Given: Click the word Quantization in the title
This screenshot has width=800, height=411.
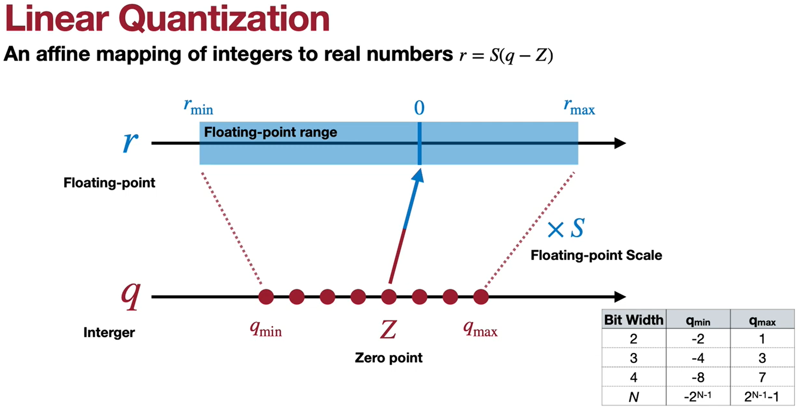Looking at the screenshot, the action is (224, 19).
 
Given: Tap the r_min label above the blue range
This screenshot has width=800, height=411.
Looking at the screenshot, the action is (198, 106).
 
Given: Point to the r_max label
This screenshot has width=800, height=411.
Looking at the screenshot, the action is (579, 106).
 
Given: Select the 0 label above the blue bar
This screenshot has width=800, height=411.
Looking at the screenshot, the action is (419, 108).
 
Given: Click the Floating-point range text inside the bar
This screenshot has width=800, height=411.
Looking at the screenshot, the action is (270, 132).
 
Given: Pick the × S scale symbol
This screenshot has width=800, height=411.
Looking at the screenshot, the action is (566, 228).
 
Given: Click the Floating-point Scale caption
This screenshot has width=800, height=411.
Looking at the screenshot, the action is (596, 255).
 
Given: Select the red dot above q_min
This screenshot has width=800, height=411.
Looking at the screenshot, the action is (266, 296).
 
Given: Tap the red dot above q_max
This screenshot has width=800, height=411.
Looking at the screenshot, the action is (481, 296).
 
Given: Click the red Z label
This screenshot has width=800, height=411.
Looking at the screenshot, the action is (388, 330).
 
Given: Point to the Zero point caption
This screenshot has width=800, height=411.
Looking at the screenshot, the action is (388, 358).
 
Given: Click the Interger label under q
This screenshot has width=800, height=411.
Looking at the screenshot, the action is (109, 332).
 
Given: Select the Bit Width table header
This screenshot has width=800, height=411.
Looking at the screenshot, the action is (633, 320).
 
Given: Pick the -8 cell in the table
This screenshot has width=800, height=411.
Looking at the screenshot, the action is (698, 378).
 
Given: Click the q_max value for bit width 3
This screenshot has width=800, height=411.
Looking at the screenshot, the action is (762, 358).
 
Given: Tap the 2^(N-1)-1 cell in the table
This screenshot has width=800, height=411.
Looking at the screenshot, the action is (762, 396).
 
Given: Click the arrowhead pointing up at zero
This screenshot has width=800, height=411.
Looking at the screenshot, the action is (418, 175).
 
